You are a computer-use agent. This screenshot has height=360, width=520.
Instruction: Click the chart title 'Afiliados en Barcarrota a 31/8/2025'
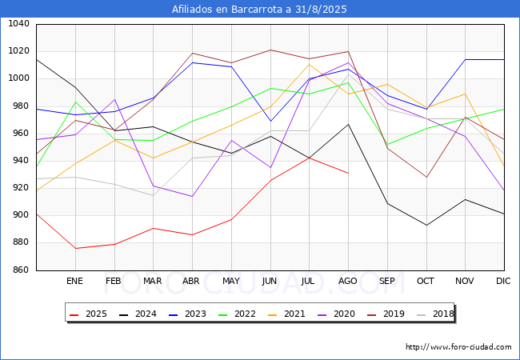[x=260, y=10]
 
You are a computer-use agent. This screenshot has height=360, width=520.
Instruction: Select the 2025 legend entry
[x=87, y=314]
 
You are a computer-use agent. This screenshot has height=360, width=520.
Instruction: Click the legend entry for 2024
[x=135, y=314]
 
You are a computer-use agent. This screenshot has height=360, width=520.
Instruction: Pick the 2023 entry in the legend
[x=183, y=314]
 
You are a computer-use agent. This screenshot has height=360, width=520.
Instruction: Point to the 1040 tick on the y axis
[x=18, y=24]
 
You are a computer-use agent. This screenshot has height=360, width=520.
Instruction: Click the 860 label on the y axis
[x=20, y=270]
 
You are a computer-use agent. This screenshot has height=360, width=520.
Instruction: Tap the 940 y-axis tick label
[x=20, y=161]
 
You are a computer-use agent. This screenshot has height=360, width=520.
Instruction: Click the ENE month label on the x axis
[x=74, y=281]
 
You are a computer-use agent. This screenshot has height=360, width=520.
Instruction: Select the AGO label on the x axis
[x=348, y=281]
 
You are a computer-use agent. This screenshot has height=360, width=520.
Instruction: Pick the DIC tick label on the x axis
[x=503, y=281]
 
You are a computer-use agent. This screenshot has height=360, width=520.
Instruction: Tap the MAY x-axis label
[x=231, y=281]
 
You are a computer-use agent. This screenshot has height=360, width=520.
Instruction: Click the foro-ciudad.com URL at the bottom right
[x=458, y=347]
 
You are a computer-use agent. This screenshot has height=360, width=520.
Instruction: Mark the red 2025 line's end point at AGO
[x=348, y=173]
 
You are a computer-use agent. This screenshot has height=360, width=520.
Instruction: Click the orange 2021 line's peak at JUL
[x=309, y=64]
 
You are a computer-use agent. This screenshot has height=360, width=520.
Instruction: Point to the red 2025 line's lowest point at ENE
[x=74, y=248]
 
